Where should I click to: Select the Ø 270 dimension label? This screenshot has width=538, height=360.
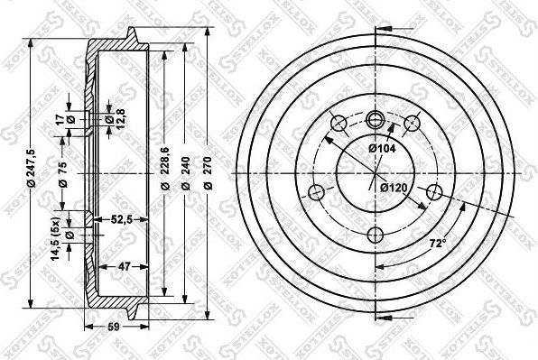pyautogui.click(x=207, y=171)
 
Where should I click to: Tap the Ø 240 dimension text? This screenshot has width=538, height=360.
pyautogui.click(x=186, y=171)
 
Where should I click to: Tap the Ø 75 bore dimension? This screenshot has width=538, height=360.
pyautogui.click(x=60, y=171)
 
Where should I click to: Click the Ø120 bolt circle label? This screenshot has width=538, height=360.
pyautogui.click(x=395, y=188)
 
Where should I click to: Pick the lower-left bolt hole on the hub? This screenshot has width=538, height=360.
pyautogui.click(x=316, y=191)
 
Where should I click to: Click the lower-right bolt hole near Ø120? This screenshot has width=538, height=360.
pyautogui.click(x=435, y=191)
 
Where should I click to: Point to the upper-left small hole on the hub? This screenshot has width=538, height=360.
pyautogui.click(x=339, y=123)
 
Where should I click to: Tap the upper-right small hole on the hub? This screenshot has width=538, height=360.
pyautogui.click(x=413, y=123)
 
